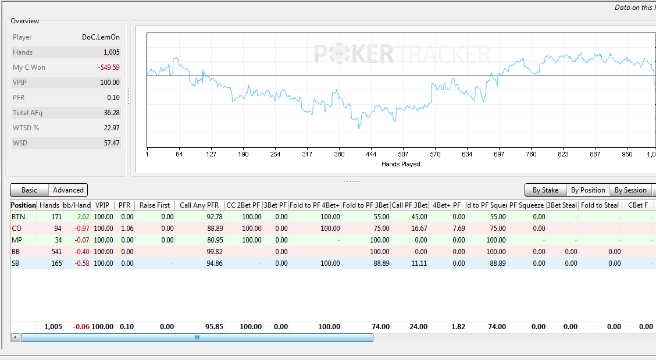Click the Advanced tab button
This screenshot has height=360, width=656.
[68, 190]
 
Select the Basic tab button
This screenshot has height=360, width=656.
[29, 190]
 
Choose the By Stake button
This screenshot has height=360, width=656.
[546, 190]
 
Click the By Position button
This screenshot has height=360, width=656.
[588, 190]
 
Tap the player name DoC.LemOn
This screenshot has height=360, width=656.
[101, 37]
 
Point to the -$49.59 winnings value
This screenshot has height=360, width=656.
[109, 67]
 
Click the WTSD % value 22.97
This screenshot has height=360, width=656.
[112, 128]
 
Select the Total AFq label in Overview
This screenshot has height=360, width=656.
[27, 113]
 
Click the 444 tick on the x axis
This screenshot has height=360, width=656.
[371, 154]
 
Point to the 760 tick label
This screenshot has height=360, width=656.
[531, 154]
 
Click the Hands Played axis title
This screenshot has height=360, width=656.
[401, 164]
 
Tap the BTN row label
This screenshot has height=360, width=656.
[19, 217]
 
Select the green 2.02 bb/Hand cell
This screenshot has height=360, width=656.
[83, 217]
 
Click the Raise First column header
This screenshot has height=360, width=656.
[155, 205]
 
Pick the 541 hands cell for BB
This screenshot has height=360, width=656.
[56, 252]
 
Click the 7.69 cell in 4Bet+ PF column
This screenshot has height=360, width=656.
[459, 229]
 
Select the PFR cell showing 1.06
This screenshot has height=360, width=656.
[127, 229]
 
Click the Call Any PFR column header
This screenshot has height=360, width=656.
[199, 205]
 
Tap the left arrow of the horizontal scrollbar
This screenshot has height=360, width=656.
[16, 337]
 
